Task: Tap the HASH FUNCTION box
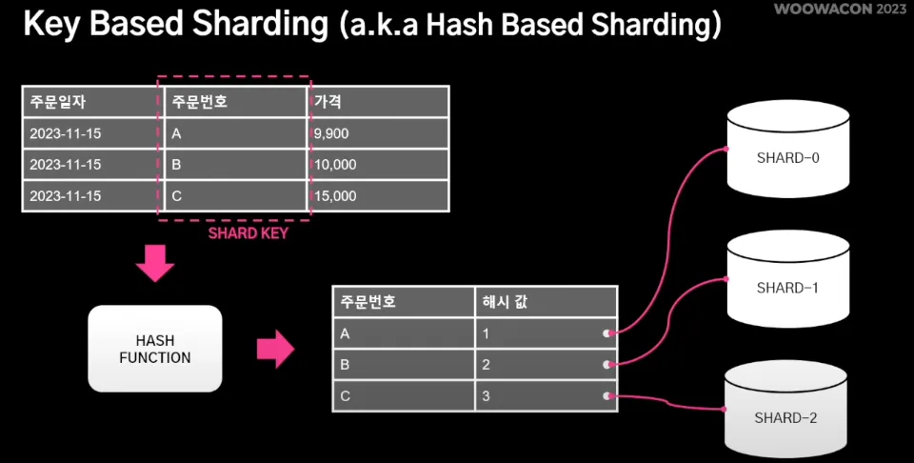tap(154, 349)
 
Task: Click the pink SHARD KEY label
tap(248, 232)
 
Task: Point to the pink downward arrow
tap(155, 264)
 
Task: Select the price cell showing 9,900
tap(378, 133)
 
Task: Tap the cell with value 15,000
tap(378, 196)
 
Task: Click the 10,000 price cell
tap(378, 165)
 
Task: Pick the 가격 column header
tap(378, 102)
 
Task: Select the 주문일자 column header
tap(89, 102)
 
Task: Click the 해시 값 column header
tap(546, 302)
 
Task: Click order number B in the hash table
tap(403, 364)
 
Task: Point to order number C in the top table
tap(231, 196)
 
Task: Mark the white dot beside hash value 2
tap(606, 365)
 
